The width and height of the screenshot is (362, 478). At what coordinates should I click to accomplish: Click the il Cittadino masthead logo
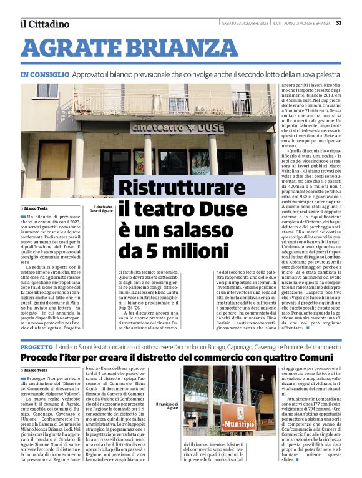(x=44, y=24)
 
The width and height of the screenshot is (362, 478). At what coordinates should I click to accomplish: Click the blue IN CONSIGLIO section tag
(x=45, y=74)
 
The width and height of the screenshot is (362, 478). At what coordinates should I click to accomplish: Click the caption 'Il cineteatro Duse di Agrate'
(x=103, y=208)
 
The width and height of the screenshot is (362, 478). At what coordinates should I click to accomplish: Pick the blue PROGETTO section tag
(x=36, y=346)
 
